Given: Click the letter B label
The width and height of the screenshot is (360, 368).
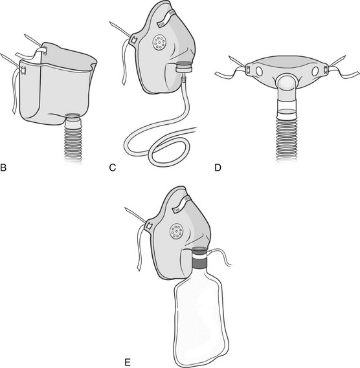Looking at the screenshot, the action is coord(3,168).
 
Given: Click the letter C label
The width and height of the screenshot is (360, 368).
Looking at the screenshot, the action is coord(113,168).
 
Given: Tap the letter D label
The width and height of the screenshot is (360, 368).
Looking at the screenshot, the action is coord(218,168).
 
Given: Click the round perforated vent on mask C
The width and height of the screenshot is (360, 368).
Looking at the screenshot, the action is coord(159,43).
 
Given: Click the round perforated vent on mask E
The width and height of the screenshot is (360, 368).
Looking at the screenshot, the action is coord(177,231).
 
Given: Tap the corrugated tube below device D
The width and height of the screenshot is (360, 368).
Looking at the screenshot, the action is coord(286,138).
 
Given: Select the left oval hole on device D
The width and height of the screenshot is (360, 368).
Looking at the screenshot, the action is coord(259,71).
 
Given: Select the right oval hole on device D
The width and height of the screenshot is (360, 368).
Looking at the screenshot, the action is coord(315,71).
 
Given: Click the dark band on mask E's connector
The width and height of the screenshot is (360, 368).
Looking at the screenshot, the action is coord(200,262).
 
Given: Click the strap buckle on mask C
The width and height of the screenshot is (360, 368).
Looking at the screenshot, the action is coord(133,40).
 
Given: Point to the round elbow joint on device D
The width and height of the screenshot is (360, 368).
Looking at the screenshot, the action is coord(286,85).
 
